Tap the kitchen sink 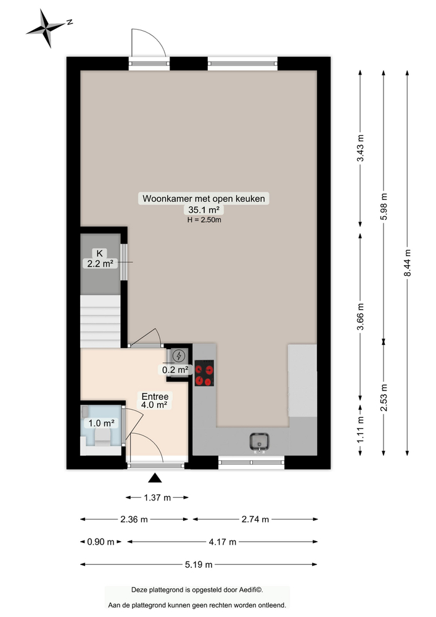click(x=260, y=442)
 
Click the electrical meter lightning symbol click(x=179, y=355)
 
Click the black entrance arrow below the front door click(x=156, y=477)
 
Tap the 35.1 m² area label click(x=204, y=210)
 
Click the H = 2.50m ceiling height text click(x=204, y=220)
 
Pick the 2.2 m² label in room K click(x=99, y=263)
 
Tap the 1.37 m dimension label click(x=157, y=497)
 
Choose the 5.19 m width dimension click(x=200, y=564)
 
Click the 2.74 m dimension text click(x=257, y=519)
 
